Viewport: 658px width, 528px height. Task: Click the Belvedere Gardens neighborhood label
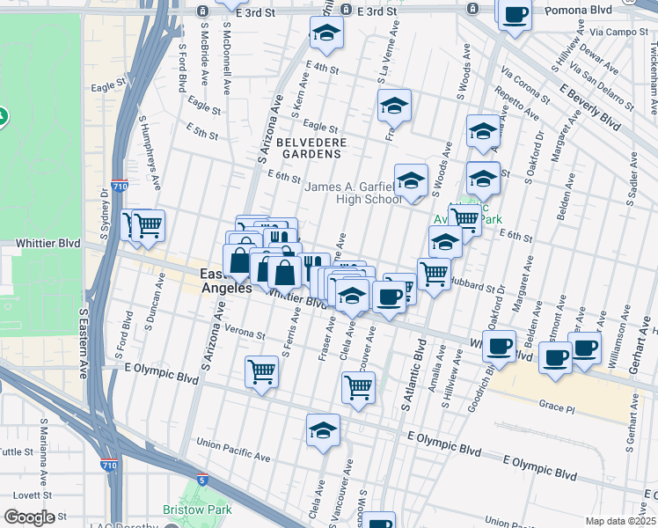[308, 148]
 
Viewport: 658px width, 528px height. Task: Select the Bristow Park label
[196, 510]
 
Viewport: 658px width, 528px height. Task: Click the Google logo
[29, 517]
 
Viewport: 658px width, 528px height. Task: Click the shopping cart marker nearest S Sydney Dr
[147, 226]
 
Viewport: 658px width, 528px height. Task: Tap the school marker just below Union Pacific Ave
[323, 430]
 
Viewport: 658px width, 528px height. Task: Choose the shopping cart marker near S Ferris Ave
[261, 371]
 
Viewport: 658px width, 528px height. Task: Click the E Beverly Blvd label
[589, 106]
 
